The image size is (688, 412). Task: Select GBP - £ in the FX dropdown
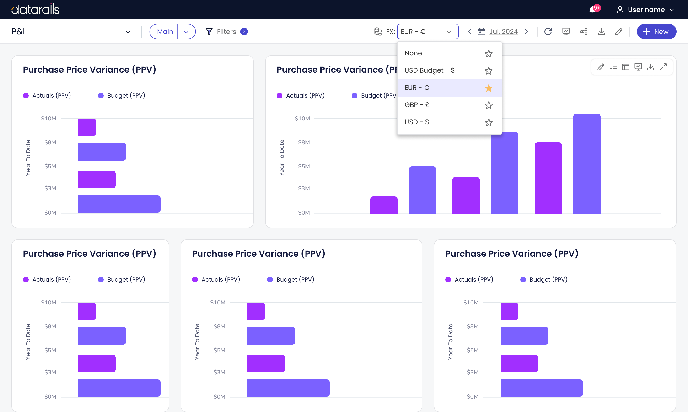tap(417, 105)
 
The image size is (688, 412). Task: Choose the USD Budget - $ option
tap(429, 70)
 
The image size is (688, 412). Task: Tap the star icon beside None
tap(489, 53)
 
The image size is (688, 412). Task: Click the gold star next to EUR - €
tap(489, 88)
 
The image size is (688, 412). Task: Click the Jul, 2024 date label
tap(503, 32)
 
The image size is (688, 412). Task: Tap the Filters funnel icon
tap(209, 32)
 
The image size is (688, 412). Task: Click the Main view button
tap(165, 32)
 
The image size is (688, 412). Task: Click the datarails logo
tap(35, 9)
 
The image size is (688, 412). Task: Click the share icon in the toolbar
tap(584, 32)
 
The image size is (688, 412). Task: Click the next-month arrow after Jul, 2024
tap(526, 32)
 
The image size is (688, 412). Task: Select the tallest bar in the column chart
tap(587, 164)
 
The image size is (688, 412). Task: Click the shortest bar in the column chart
tap(384, 205)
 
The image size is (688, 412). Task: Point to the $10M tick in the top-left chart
tap(48, 119)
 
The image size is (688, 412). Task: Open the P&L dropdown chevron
tap(128, 32)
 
